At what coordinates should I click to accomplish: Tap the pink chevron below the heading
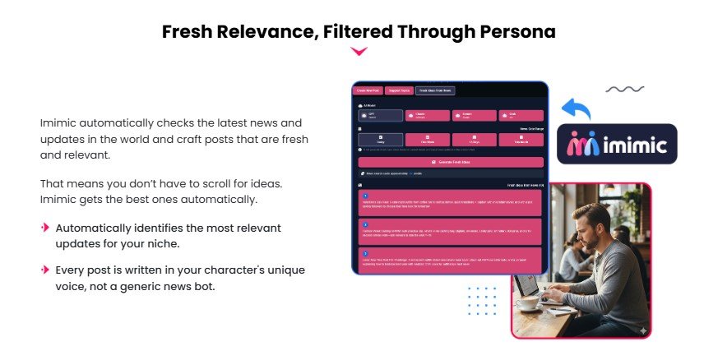pyautogui.click(x=359, y=52)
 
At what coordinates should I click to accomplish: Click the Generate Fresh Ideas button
pyautogui.click(x=450, y=162)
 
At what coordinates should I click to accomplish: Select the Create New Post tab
pyautogui.click(x=367, y=90)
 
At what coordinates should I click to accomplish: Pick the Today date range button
pyautogui.click(x=381, y=141)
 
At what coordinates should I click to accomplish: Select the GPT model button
pyautogui.click(x=381, y=116)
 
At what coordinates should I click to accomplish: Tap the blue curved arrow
pyautogui.click(x=577, y=109)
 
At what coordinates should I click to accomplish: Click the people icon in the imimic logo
pyautogui.click(x=584, y=145)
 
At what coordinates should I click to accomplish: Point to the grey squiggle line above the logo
pyautogui.click(x=624, y=89)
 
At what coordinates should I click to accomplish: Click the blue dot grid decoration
pyautogui.click(x=482, y=301)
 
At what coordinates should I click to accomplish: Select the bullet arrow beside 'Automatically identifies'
pyautogui.click(x=45, y=226)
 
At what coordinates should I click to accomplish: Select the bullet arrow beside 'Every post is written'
pyautogui.click(x=45, y=269)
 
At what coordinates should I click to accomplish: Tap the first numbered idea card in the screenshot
pyautogui.click(x=450, y=202)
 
